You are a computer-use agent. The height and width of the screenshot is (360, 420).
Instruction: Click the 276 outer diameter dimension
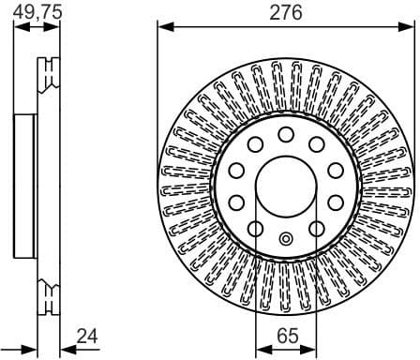(286, 12)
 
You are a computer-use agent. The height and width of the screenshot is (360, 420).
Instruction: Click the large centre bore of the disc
(285, 186)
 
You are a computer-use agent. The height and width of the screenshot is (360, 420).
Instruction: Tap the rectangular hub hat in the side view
(26, 186)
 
